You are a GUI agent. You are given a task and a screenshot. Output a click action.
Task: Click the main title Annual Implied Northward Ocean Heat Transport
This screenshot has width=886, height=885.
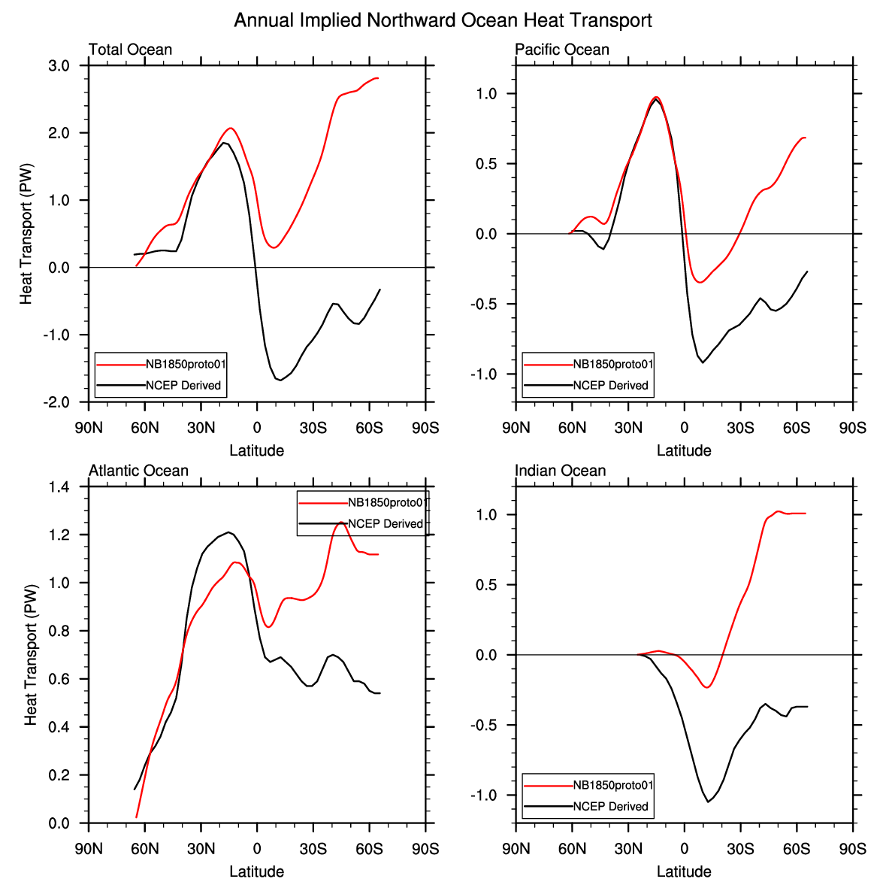pos(443,20)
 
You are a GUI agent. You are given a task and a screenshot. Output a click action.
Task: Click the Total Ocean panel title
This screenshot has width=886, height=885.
pos(130,50)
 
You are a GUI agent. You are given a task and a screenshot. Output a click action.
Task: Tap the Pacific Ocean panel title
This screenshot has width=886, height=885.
pos(561,50)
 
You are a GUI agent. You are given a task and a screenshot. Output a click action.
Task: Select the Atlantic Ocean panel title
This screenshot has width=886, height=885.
pos(138,471)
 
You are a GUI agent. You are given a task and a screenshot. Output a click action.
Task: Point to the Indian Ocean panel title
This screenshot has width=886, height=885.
pos(560,471)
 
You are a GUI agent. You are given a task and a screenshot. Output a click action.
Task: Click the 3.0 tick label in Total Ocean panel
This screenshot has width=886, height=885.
pos(59,66)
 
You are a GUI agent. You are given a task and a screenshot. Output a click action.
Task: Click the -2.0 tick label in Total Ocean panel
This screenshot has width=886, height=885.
pos(56,402)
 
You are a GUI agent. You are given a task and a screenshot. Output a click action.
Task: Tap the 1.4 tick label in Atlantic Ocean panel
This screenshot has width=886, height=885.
pos(59,487)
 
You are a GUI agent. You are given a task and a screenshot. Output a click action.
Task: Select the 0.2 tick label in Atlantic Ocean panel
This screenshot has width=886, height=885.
pos(59,775)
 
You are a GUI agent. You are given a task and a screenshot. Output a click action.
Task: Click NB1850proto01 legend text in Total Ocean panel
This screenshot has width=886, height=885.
pos(186,364)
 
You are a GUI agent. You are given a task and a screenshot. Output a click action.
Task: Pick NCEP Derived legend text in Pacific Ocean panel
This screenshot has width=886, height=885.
pos(610,385)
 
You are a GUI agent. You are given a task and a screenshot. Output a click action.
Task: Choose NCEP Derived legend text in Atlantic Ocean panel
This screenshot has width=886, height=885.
pos(386,523)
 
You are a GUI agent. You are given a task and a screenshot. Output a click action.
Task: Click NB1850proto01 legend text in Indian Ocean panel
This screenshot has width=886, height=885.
pos(613,785)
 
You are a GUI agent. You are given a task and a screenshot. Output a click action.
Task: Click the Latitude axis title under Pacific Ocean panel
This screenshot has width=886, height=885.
pos(684,450)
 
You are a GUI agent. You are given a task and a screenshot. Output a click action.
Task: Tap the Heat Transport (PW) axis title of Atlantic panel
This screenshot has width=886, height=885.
pos(31,655)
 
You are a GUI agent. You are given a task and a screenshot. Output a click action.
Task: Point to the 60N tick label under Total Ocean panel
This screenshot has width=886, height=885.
pos(145,429)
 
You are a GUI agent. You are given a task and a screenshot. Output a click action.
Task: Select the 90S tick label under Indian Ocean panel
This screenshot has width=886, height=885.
pos(852,849)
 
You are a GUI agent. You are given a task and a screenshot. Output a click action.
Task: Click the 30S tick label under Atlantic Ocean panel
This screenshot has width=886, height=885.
pos(313,849)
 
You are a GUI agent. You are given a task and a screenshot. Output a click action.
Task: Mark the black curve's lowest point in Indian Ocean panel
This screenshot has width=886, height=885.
pos(708,802)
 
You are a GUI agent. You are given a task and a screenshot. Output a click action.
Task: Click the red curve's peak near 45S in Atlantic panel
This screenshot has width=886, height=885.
pos(341,523)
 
